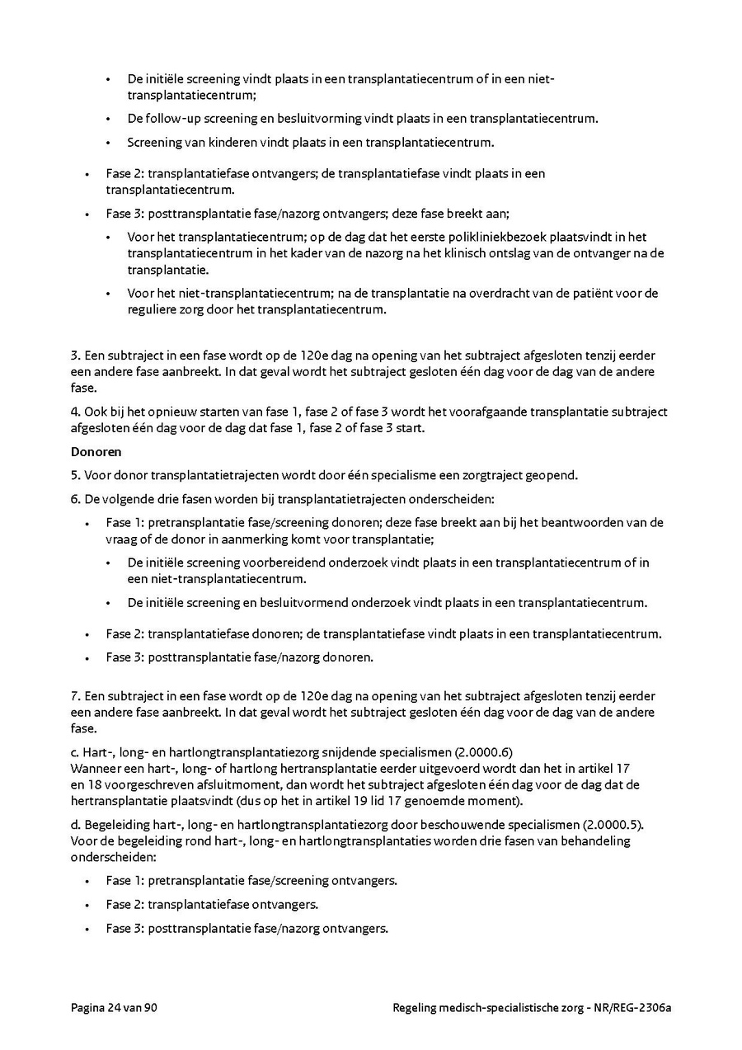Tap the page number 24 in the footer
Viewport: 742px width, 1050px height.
pos(115,1007)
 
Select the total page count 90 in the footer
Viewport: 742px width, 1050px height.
pos(150,1007)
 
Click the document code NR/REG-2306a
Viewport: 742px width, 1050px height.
pos(632,1007)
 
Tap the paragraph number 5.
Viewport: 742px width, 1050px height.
pos(74,474)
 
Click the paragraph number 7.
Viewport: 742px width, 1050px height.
pos(74,697)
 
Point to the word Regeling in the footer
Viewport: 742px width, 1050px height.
pos(417,1007)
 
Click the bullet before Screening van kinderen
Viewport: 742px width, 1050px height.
pos(108,143)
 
